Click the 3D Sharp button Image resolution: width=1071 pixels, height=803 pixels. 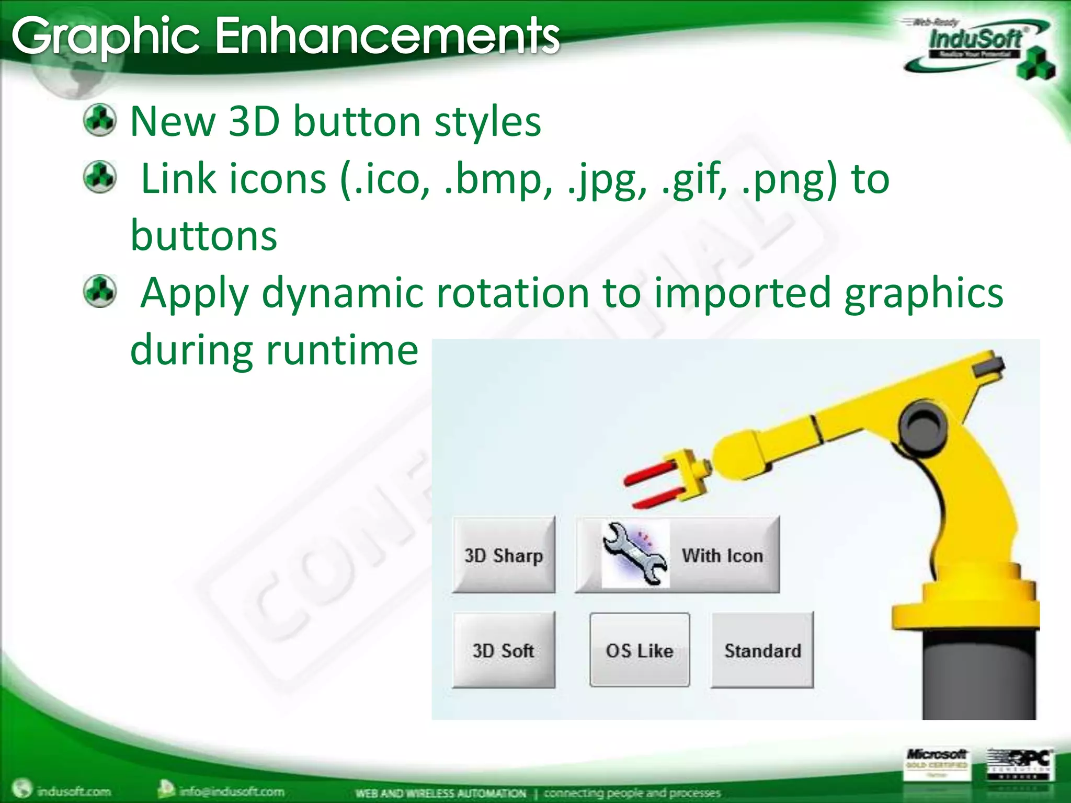tap(504, 555)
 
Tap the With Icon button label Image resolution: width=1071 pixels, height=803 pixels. tap(722, 555)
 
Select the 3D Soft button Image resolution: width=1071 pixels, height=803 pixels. tap(504, 650)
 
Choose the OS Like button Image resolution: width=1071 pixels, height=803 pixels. tap(640, 650)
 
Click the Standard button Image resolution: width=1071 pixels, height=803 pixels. tap(762, 650)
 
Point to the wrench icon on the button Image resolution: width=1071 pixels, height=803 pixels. tap(635, 553)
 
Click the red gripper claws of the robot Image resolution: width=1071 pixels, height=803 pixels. tap(654, 484)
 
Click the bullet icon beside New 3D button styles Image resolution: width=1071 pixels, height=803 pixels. tap(100, 121)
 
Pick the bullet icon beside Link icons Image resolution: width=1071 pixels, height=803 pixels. tap(100, 177)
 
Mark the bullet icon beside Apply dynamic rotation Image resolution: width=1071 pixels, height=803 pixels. tap(100, 291)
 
